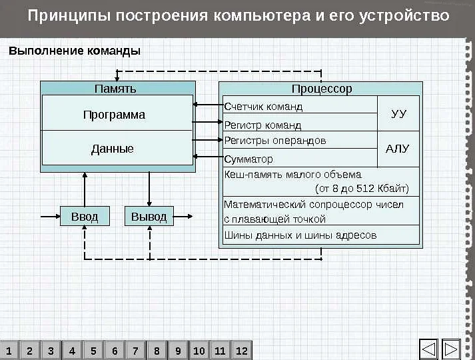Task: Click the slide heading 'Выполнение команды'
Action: [x=74, y=51]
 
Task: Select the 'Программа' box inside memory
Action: [x=114, y=115]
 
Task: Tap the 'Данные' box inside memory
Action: [x=113, y=149]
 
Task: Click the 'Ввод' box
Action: [x=84, y=217]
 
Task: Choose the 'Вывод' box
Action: [x=149, y=217]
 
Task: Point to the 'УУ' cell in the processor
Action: [x=398, y=114]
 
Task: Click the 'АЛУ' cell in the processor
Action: [x=398, y=149]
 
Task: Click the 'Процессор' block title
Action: [x=321, y=88]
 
